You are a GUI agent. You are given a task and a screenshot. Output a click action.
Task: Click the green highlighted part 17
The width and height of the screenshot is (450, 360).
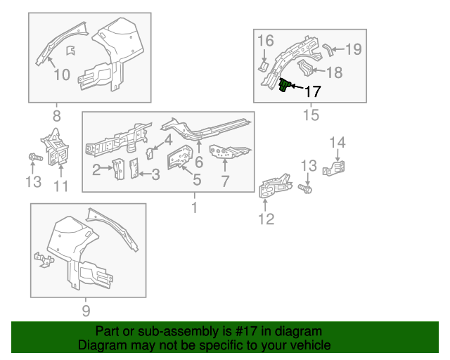(285, 86)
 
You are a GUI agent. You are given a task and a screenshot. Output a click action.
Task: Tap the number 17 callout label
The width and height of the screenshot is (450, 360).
(311, 91)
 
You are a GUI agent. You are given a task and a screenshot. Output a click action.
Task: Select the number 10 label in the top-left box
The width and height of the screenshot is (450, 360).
(61, 74)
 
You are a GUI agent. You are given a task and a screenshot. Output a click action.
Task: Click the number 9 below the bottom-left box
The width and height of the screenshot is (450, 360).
(86, 310)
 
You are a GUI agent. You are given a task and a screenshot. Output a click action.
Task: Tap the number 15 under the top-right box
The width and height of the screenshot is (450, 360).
(310, 115)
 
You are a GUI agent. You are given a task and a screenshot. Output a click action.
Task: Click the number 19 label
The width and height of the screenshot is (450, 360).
(353, 49)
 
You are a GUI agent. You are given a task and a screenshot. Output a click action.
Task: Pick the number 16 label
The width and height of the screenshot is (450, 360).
(265, 41)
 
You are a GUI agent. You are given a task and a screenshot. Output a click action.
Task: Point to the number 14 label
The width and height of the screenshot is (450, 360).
(338, 143)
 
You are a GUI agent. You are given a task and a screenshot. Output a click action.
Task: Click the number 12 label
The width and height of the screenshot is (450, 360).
(265, 219)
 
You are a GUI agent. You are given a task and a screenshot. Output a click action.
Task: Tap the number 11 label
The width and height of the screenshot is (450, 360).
(61, 186)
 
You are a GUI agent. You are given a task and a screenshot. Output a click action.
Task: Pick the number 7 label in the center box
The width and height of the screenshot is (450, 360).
(225, 181)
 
